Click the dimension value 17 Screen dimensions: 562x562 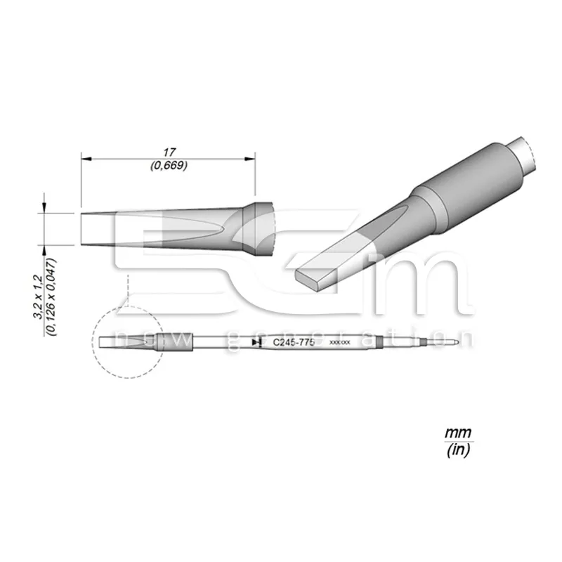[x=168, y=151]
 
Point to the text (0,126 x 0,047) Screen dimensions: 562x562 [x=49, y=298]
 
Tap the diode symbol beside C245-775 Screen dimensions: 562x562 [x=256, y=341]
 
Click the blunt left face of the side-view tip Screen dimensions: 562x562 [x=82, y=229]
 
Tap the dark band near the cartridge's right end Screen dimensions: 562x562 [x=379, y=342]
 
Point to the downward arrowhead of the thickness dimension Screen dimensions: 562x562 [x=46, y=209]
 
